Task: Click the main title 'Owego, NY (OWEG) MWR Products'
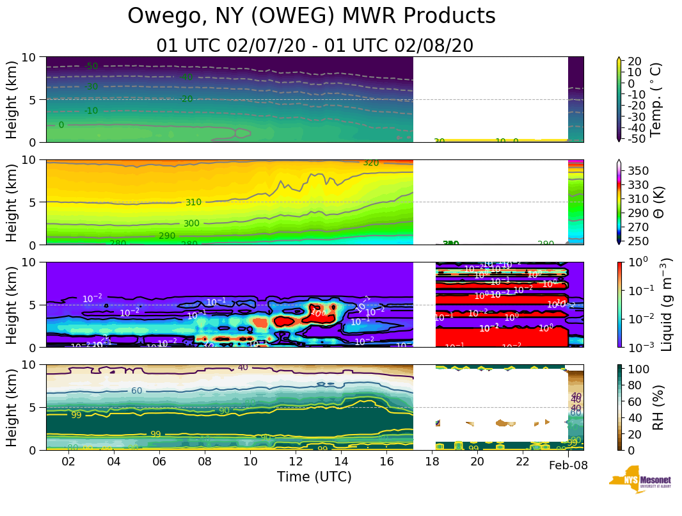pos(312,16)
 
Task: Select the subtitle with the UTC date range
pos(315,46)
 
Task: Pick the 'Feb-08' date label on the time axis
pos(568,465)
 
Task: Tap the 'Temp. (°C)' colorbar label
pos(656,99)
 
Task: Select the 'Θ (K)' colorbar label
pos(656,202)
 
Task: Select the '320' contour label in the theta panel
pos(371,163)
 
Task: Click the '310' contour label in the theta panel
pos(193,202)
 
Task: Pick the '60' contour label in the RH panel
pos(136,391)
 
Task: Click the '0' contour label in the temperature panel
pos(61,125)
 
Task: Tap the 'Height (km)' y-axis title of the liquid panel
pos(12,304)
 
